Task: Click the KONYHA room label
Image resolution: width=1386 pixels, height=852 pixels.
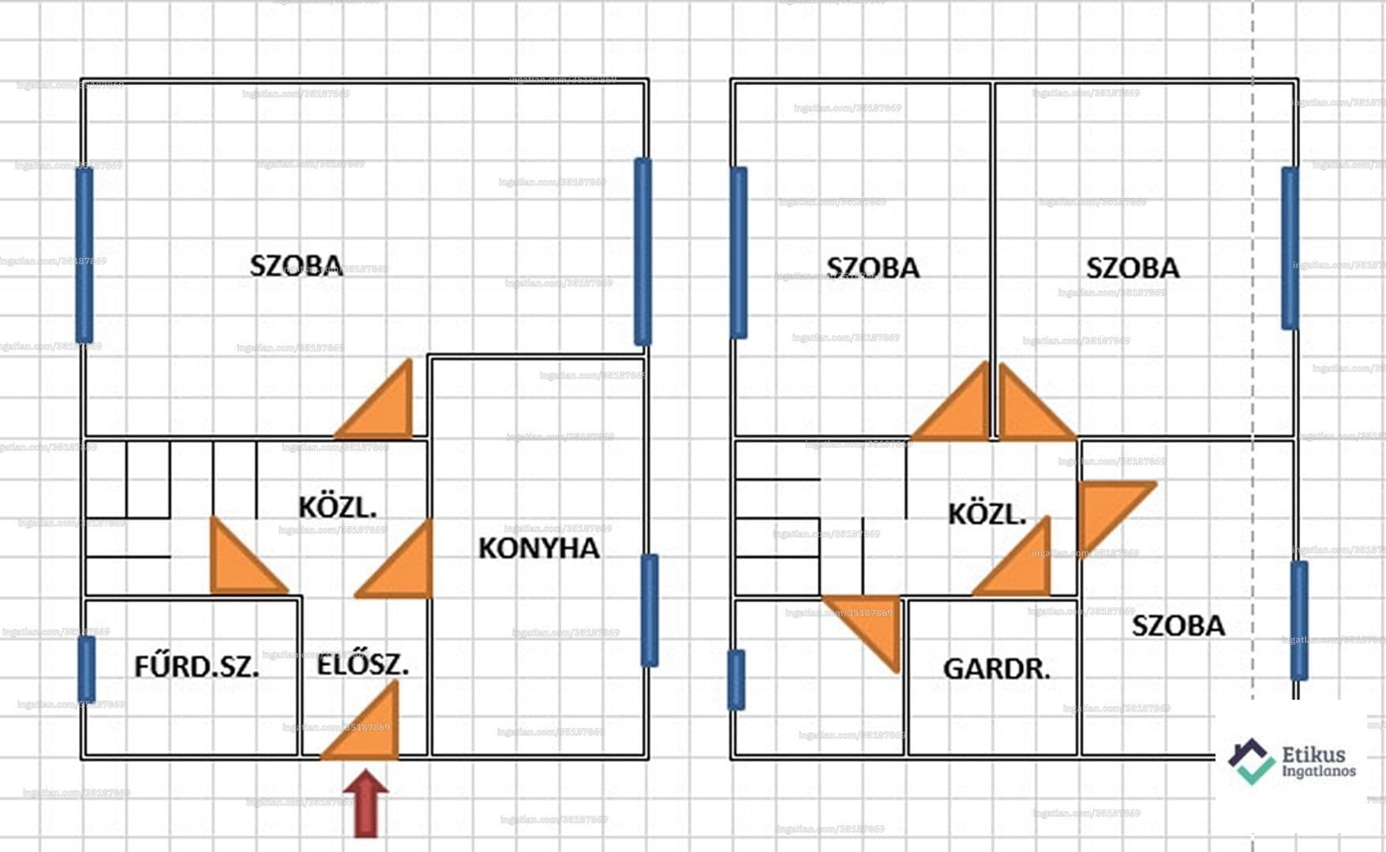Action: (539, 548)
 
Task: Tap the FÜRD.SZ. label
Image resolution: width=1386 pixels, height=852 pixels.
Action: (197, 667)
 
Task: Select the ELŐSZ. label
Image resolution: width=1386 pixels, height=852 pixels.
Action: (363, 665)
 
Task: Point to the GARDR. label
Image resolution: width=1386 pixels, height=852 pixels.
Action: (997, 670)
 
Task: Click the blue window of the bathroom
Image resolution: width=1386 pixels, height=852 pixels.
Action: (87, 669)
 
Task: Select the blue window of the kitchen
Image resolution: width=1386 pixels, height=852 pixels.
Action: (649, 610)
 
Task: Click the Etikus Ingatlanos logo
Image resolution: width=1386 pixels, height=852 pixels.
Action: (1292, 761)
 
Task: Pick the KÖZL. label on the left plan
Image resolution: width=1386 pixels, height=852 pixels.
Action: (337, 507)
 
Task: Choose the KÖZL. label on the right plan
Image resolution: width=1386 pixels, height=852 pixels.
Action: (987, 514)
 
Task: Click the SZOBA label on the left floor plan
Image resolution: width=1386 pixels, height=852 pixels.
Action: (296, 266)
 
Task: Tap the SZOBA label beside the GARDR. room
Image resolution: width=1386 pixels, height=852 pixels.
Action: (1178, 626)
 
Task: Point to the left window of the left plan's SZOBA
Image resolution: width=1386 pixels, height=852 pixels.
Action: (84, 254)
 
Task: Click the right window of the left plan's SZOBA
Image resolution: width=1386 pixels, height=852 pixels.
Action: (643, 252)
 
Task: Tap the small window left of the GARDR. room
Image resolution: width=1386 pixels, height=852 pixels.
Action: (736, 679)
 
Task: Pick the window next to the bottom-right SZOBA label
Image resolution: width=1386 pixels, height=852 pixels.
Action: (1298, 620)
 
